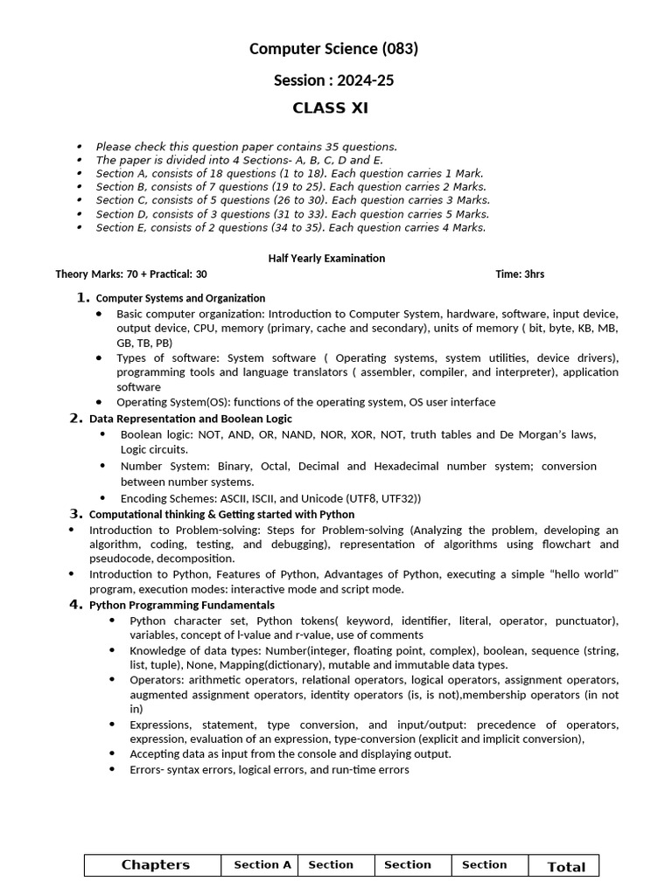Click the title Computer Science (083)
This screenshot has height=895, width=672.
coord(333,49)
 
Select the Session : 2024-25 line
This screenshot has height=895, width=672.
coord(333,80)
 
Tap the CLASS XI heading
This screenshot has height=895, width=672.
coord(330,109)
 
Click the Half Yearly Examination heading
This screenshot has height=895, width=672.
coord(325,258)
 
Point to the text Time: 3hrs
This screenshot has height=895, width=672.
coord(519,274)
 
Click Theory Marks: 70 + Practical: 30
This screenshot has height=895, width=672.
coord(131,274)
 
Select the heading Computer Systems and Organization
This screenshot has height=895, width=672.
coord(180,298)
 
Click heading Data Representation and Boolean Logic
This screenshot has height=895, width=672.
coord(191,419)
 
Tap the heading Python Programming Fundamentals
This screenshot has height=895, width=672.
coord(182,605)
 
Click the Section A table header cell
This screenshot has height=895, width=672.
coord(262,865)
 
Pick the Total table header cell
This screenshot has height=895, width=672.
coord(565,867)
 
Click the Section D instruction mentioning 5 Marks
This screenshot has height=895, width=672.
coord(292,214)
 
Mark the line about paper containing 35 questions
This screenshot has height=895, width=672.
coord(246,147)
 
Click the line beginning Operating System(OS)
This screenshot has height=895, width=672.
coord(305,402)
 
